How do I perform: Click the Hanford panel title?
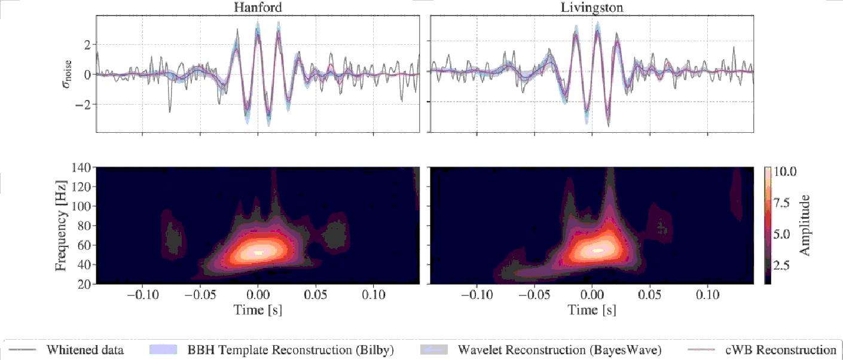coord(257,7)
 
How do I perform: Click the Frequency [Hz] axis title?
coord(62,225)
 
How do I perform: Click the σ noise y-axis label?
coord(72,74)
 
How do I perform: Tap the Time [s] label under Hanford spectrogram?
coord(257,310)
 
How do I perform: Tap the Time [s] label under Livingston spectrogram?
coord(592,310)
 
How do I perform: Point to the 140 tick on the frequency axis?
coord(80,168)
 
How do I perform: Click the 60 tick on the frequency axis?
coord(83,245)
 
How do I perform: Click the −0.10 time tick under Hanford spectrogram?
coord(142,295)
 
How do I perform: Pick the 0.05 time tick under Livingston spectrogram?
coord(650,295)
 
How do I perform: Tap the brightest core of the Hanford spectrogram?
coord(258,252)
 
